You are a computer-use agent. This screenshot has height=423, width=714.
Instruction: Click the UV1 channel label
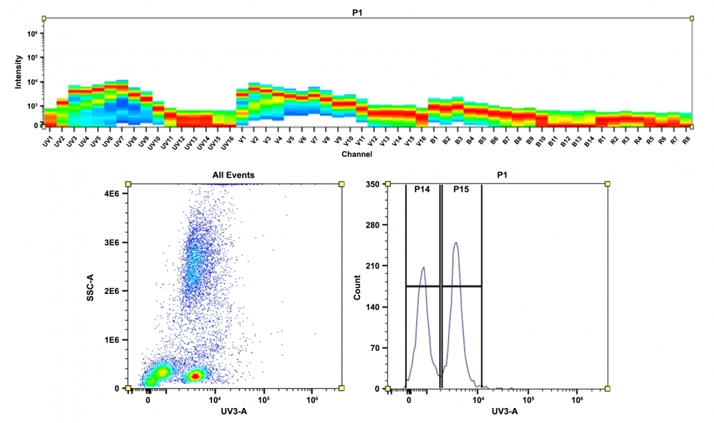tap(48, 140)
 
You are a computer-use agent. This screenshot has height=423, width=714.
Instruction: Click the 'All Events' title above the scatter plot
tap(233, 175)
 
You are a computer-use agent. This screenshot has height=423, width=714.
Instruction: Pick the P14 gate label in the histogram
tap(423, 190)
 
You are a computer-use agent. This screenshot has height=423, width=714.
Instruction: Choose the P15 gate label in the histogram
tap(461, 190)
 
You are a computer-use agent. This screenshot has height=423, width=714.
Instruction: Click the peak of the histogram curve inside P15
tap(456, 243)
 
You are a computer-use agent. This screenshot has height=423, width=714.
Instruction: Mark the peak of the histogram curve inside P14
tap(423, 267)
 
